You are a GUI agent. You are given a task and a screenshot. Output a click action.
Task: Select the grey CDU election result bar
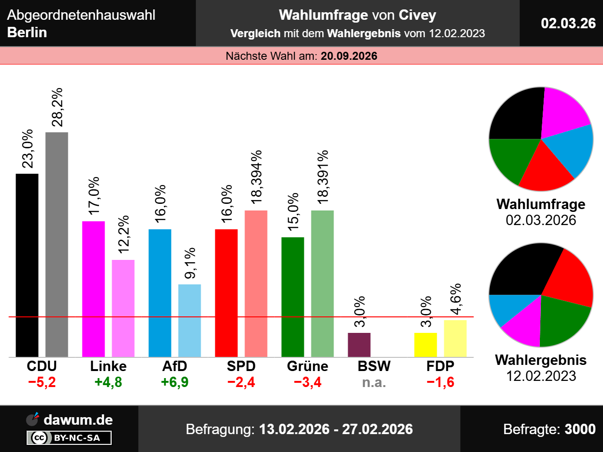pos(57,244)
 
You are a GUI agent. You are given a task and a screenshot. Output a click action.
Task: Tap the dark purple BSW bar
pos(359,345)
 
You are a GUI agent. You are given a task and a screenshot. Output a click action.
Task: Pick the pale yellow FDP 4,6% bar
pos(455,339)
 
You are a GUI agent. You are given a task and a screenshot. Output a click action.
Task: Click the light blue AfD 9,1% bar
pos(189,321)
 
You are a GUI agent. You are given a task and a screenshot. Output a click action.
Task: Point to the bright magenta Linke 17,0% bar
pos(93,289)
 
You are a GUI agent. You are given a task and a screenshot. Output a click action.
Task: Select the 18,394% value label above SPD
pos(256,177)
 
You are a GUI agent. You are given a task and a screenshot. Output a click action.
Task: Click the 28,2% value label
pos(57,107)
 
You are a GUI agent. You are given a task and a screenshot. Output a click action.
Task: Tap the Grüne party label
pos(308,366)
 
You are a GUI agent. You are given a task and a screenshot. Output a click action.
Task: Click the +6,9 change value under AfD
pos(175,382)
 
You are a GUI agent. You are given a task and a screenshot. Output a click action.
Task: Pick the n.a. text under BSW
pos(374,382)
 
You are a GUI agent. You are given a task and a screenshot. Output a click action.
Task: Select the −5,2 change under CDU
pos(42,382)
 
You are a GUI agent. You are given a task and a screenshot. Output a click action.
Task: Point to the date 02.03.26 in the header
pos(568,24)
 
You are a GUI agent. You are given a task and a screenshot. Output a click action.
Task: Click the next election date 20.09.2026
pos(349,56)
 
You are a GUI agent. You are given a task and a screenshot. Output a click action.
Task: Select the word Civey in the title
pos(417,15)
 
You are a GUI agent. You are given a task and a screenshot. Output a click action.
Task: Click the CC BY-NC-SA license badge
pos(69,437)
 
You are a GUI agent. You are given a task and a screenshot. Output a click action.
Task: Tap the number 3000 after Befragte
pos(580,429)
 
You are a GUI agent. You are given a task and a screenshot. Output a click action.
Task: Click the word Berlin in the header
pos(27,32)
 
